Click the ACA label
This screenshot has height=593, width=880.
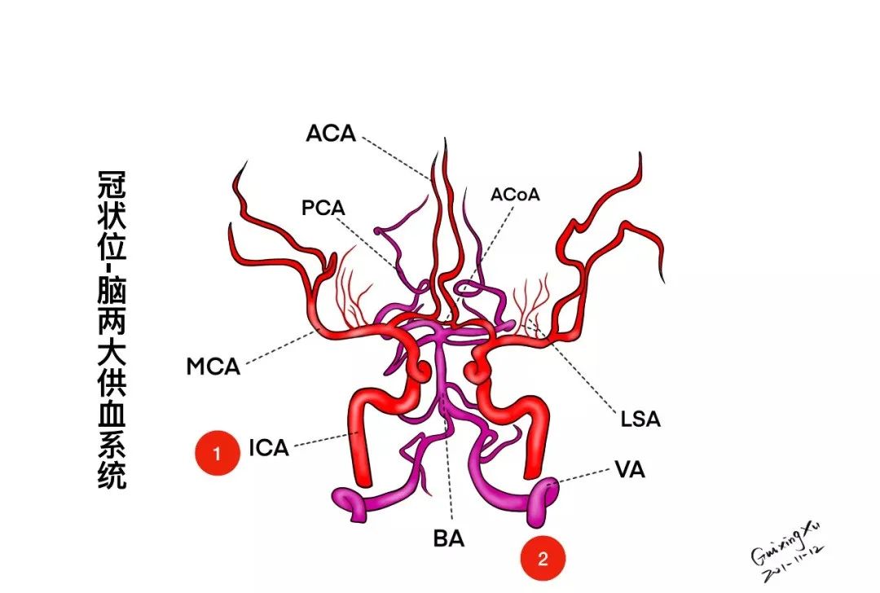[331, 133]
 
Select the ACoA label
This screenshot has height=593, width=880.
[515, 195]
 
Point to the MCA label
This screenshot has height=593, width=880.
[213, 367]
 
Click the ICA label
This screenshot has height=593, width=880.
[269, 447]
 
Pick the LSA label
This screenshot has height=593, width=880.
[639, 420]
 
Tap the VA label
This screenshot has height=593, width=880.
[629, 470]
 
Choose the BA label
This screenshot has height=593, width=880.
[449, 539]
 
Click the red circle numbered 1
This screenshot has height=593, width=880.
[217, 454]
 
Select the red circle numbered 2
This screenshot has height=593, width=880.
[543, 559]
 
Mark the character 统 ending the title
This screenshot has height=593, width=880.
[112, 475]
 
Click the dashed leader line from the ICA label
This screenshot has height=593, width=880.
[323, 440]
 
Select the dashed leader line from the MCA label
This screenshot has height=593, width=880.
[277, 348]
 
